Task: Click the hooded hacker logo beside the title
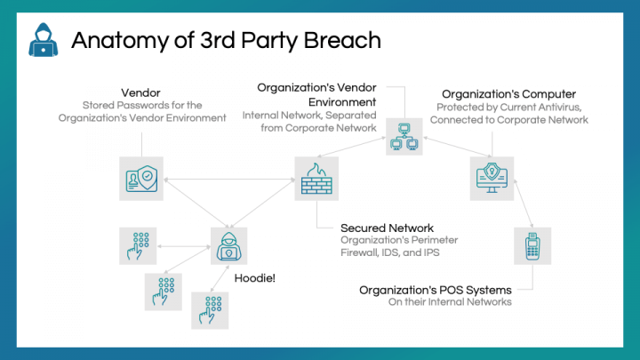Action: (x=44, y=40)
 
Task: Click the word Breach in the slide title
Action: (x=342, y=40)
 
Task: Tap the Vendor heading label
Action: (x=140, y=92)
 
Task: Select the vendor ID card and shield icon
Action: (x=141, y=179)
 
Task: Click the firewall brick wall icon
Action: (x=316, y=179)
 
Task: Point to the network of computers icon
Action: (x=404, y=137)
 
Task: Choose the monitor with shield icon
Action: (x=492, y=179)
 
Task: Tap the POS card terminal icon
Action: (x=532, y=245)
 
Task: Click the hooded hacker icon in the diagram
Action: (x=229, y=245)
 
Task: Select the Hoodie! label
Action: (x=255, y=278)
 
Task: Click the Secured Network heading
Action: (x=387, y=228)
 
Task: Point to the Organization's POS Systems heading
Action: (x=435, y=290)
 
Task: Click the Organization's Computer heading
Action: (x=509, y=94)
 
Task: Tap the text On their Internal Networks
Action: (x=450, y=302)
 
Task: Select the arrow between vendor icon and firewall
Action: (x=229, y=180)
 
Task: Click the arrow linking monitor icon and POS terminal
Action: (x=524, y=204)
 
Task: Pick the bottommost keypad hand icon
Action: (x=210, y=310)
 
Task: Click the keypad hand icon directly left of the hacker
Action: (x=138, y=245)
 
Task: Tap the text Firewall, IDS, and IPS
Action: (x=390, y=252)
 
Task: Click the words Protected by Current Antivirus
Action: (x=509, y=108)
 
